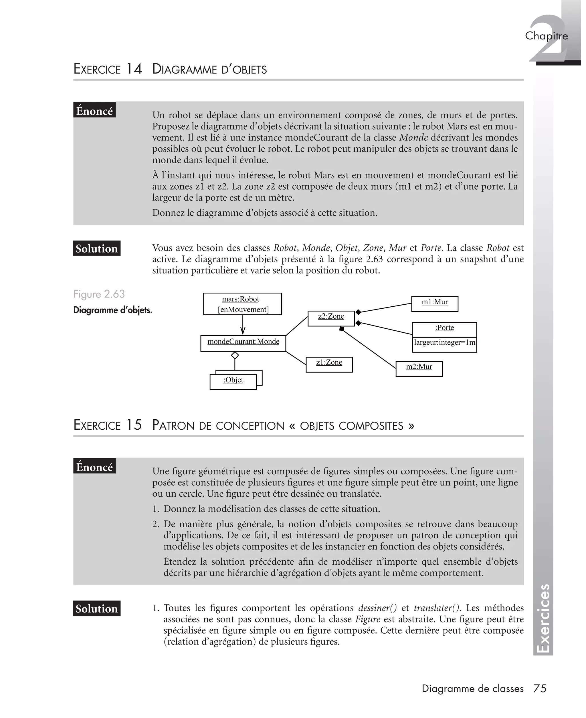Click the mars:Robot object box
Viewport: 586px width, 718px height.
pos(242,304)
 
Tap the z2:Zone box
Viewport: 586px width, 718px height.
pos(331,318)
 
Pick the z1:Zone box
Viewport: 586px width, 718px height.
pos(329,364)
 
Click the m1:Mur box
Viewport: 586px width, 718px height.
pos(434,304)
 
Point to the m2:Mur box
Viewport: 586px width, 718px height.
pos(419,368)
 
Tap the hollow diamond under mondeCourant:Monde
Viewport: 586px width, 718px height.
pos(235,355)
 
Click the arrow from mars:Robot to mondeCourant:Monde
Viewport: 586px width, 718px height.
pos(242,326)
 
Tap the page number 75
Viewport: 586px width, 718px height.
pos(539,689)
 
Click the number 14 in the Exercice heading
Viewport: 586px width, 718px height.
pos(134,69)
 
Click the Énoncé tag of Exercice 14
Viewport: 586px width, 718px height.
pos(94,110)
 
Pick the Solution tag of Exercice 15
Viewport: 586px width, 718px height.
pos(96,608)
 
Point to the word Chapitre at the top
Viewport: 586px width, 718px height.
pos(546,35)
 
